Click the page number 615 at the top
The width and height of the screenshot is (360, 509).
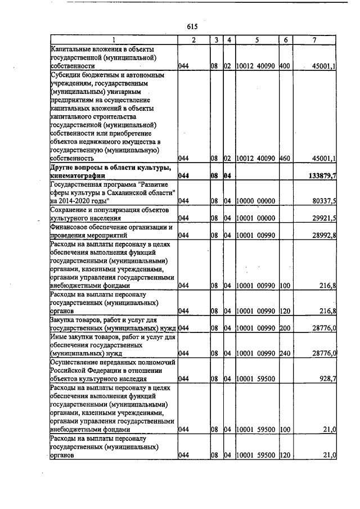tap(192, 26)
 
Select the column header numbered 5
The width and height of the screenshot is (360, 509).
tap(256, 40)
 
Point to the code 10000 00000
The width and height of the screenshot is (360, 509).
tap(256, 200)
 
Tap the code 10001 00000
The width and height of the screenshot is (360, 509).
tap(256, 218)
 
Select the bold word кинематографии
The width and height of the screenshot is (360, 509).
tap(77, 177)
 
